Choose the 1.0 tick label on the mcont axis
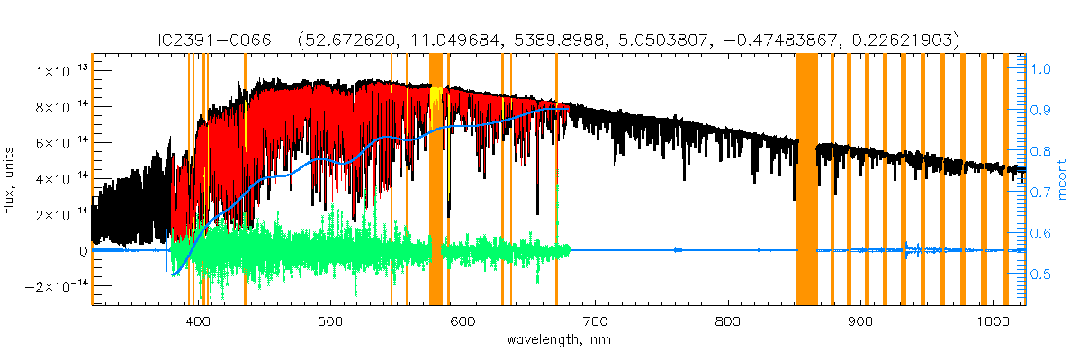(1040, 68)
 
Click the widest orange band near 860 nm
(806, 180)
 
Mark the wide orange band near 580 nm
(436, 180)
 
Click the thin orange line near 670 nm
(556, 180)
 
